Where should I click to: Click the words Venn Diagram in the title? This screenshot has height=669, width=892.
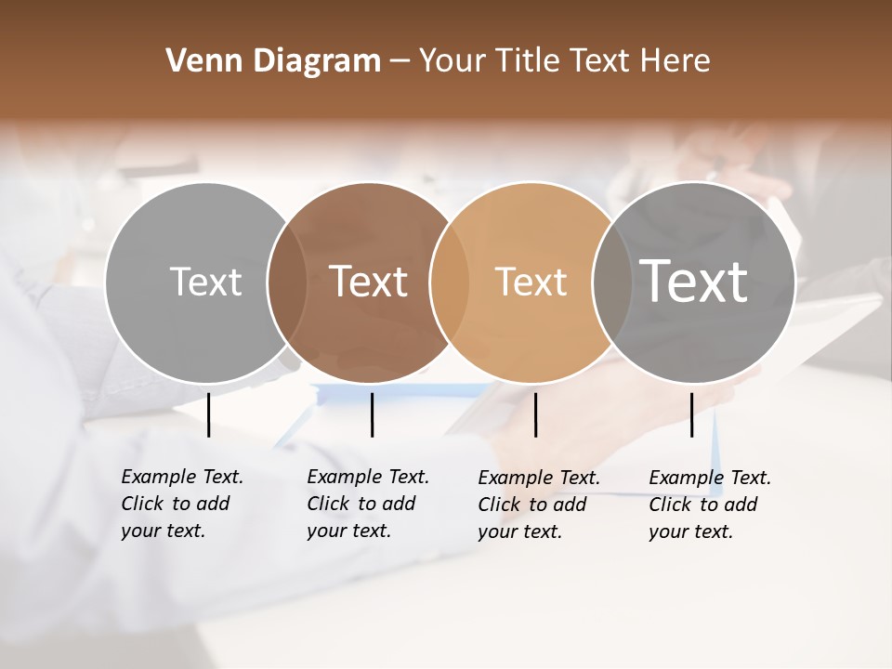coord(272,61)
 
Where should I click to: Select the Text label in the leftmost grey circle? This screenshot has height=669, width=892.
coord(205,282)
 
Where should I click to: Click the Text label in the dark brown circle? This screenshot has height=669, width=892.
coord(369,282)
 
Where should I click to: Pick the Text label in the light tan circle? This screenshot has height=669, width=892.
coord(531,282)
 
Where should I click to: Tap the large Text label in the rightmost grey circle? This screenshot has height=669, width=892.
coord(694,282)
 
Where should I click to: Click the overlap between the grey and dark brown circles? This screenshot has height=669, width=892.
coord(287,282)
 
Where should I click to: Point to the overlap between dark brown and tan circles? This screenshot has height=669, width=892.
coord(449,282)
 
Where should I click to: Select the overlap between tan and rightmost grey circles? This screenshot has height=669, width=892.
coord(611,282)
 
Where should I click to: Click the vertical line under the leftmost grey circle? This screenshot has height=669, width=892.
coord(208,414)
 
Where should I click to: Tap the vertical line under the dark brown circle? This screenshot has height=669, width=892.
coord(372,414)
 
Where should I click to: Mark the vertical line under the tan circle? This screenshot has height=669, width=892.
coord(535,414)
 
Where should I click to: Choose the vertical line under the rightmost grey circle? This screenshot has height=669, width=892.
coord(691,414)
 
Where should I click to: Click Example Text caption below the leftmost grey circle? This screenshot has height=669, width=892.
coord(182,477)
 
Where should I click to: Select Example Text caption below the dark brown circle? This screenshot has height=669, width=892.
coord(368,477)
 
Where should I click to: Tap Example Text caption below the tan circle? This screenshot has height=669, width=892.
coord(539,478)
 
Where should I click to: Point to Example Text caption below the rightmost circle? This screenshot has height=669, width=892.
coord(710,478)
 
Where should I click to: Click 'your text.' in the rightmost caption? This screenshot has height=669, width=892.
coord(690,531)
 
